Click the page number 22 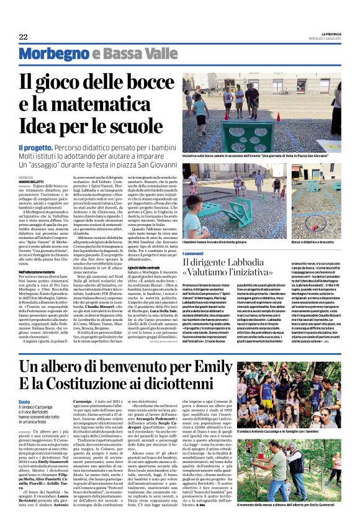pyautogui.click(x=23, y=37)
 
